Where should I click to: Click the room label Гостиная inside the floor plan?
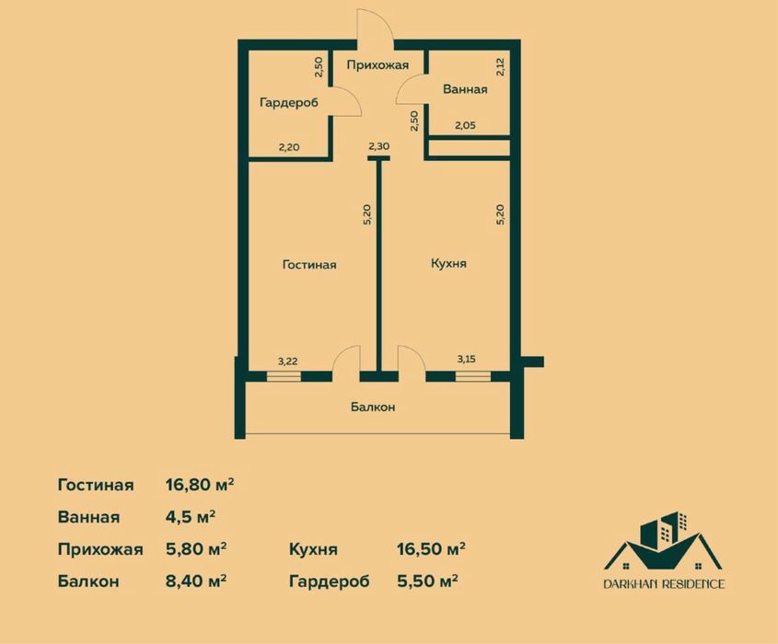[309, 265]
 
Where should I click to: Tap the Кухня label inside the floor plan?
[449, 263]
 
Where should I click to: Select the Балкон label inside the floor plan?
[373, 407]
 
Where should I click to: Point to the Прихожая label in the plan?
[377, 65]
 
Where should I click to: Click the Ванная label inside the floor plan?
[465, 90]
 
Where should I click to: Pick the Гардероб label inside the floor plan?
[289, 103]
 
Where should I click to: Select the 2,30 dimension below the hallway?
[378, 145]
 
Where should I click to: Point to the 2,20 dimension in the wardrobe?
[289, 145]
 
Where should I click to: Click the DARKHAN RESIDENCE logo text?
[664, 583]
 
